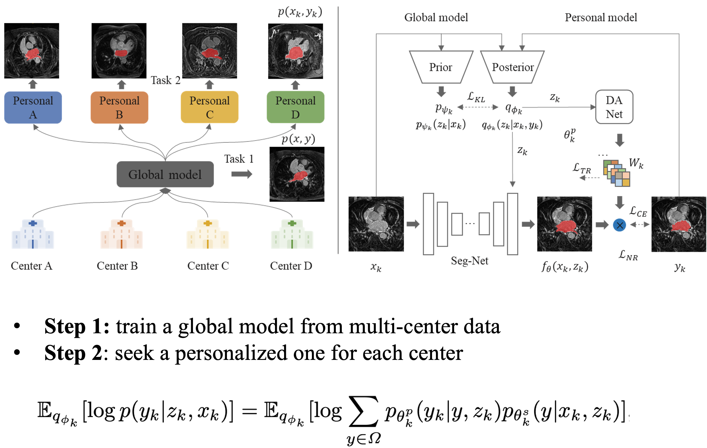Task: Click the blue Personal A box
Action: pos(33,107)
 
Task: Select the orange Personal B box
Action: pos(119,107)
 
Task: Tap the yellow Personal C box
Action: pos(209,107)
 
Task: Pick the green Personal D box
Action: pos(295,107)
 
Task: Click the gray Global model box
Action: pos(165,174)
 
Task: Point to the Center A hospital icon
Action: pos(33,234)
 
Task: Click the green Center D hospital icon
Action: pos(292,234)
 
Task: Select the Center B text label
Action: pos(117,266)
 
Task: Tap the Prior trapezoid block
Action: pos(441,67)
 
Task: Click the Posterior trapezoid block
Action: pos(512,67)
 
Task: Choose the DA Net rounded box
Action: pos(614,107)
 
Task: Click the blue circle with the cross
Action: pos(619,225)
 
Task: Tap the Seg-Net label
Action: pos(470,261)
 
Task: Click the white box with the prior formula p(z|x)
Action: pos(440,125)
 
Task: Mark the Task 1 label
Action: pos(239,159)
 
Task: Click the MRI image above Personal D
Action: pos(296,51)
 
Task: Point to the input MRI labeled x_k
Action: pos(376,224)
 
